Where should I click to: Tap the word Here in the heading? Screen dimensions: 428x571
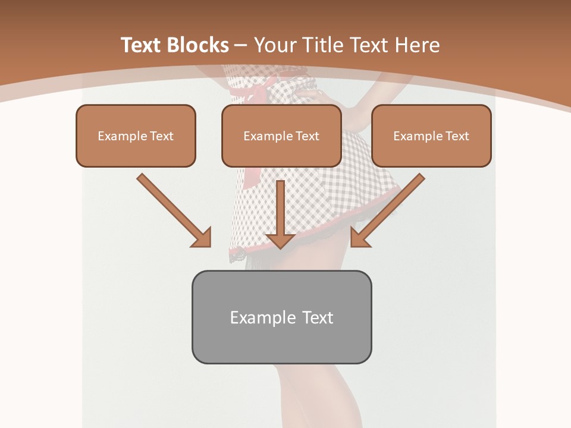(418, 45)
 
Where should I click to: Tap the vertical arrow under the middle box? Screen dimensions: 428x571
(281, 211)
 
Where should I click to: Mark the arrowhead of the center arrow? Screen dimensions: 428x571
(281, 240)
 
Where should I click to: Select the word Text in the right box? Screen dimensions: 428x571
(457, 136)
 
